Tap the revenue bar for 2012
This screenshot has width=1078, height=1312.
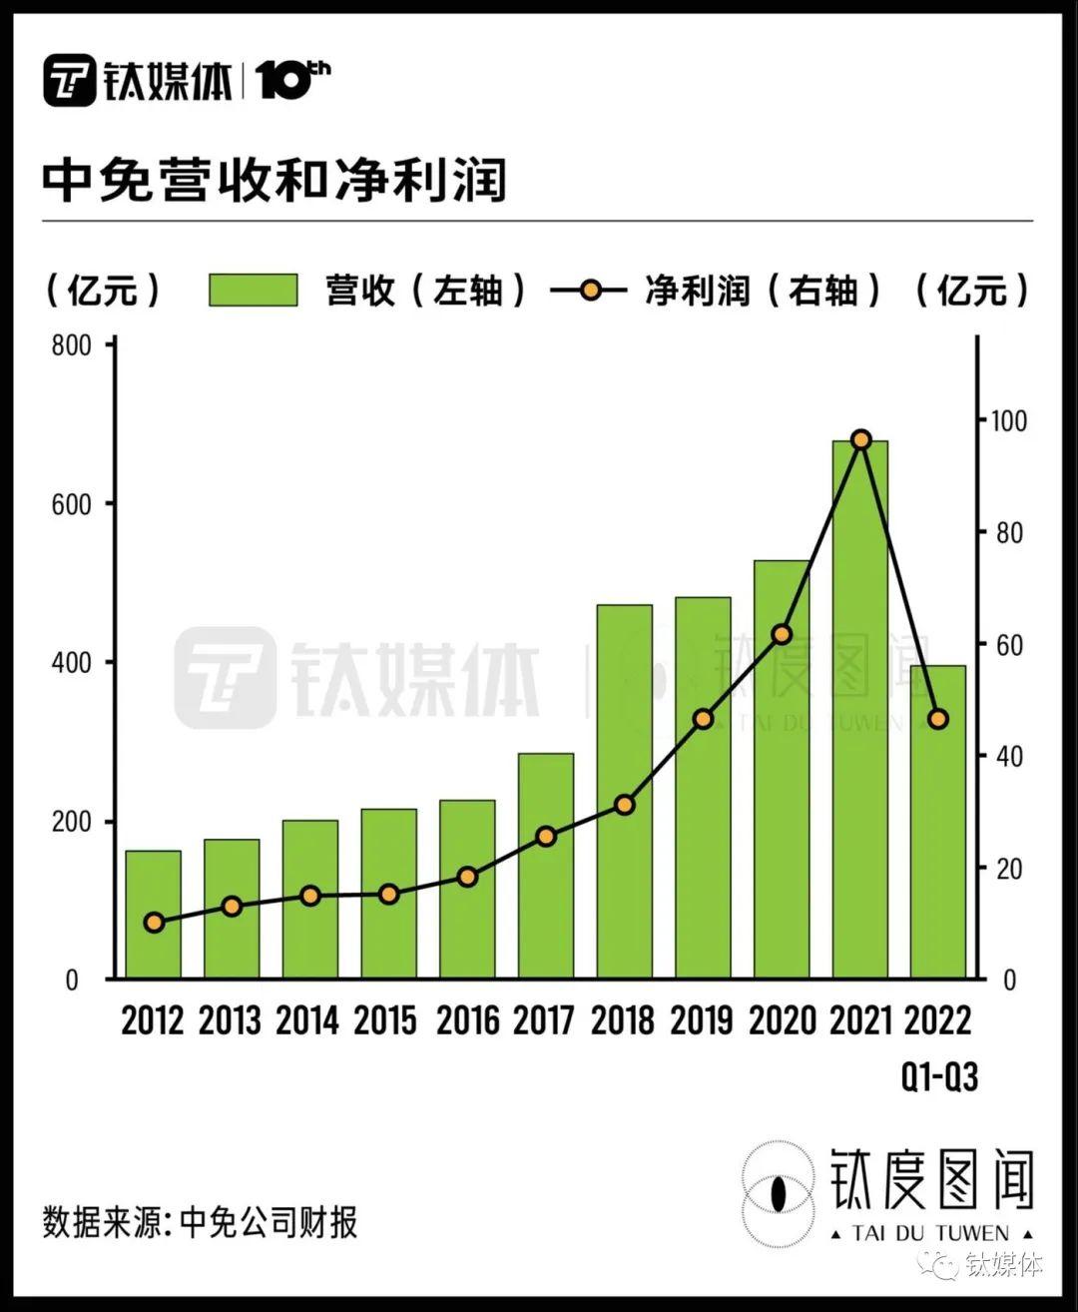(153, 914)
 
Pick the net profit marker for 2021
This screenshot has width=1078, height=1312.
(860, 440)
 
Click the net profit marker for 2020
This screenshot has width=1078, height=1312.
(782, 634)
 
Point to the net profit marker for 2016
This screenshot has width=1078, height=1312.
(467, 877)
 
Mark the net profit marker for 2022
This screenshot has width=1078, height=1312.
(938, 719)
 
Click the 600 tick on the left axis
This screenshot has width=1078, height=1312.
(71, 504)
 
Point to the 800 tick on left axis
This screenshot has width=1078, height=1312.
(71, 345)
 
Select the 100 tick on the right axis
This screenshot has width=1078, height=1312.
(1007, 420)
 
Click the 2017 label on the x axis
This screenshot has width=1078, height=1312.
(544, 1020)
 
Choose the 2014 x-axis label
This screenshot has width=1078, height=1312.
(307, 1020)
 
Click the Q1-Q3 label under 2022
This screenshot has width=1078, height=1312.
(939, 1076)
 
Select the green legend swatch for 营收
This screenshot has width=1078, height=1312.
(254, 291)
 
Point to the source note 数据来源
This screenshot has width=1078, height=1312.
(200, 1222)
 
